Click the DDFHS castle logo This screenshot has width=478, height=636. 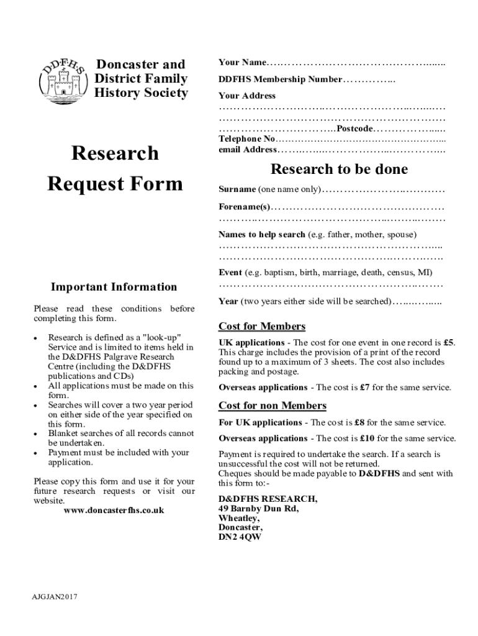click(x=62, y=79)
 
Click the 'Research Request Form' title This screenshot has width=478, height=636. click(x=115, y=168)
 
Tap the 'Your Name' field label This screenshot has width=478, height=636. click(x=242, y=63)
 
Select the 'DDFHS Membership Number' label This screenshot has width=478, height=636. click(x=280, y=79)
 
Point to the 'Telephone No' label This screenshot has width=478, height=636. click(x=246, y=139)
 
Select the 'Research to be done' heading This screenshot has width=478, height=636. click(x=340, y=170)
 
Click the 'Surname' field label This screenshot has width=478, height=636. click(x=237, y=189)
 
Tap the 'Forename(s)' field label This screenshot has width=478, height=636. click(x=244, y=206)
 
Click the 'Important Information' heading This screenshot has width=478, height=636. click(x=114, y=287)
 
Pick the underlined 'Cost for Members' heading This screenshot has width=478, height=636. click(x=262, y=327)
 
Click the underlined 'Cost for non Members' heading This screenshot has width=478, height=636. click(x=272, y=406)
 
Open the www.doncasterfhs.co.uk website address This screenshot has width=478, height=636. click(x=114, y=510)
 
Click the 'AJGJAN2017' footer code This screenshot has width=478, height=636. click(x=55, y=597)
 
